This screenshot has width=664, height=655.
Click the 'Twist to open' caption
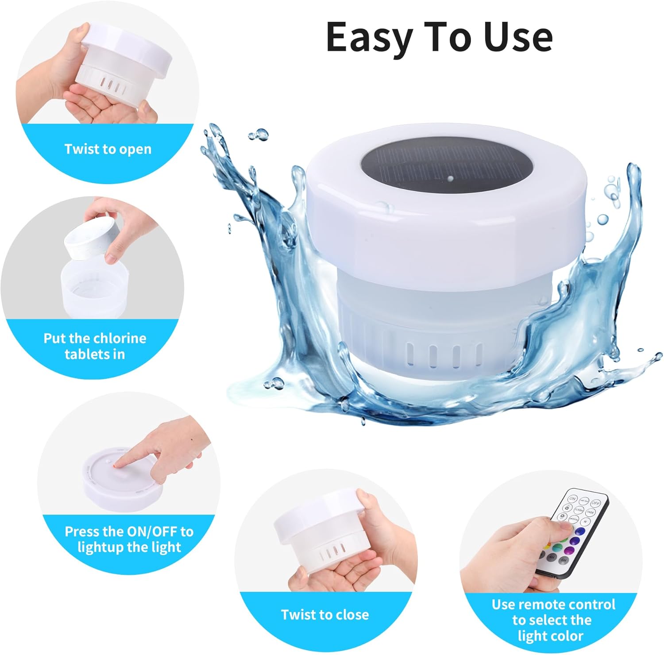coord(108,149)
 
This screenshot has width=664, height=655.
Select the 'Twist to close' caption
coord(325,615)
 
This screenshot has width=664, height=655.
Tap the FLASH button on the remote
coord(579,510)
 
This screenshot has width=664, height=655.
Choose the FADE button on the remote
coord(591,512)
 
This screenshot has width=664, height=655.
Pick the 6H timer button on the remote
coord(564,560)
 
